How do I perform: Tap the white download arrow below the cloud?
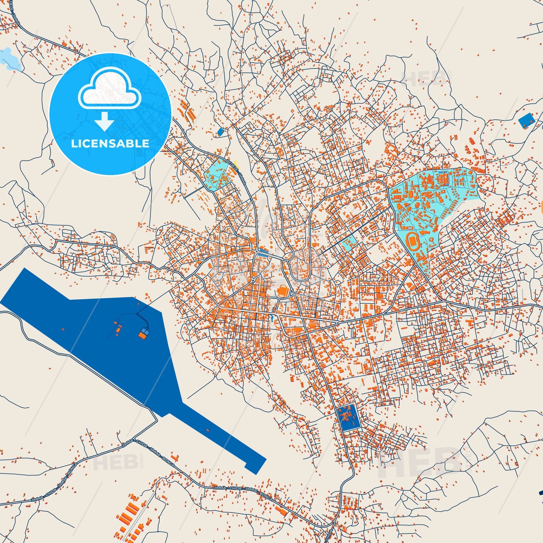pyautogui.click(x=104, y=121)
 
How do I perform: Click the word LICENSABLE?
pyautogui.click(x=110, y=144)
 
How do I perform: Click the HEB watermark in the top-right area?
pyautogui.click(x=424, y=77)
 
